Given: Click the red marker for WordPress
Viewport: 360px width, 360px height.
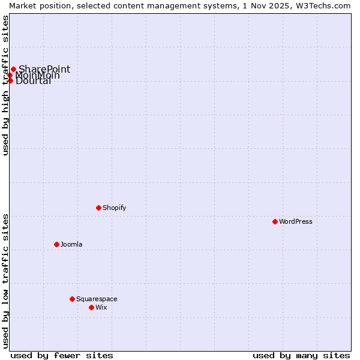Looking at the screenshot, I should pos(275,221).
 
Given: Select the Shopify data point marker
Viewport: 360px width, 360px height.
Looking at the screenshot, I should pos(98,208).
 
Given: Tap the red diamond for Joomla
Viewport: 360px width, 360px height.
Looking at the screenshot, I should pos(56,244).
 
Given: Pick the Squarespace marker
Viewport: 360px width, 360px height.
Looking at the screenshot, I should pos(72,299).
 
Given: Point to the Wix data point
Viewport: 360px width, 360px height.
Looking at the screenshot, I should pos(91,307).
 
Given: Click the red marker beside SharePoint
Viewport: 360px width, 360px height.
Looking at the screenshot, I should pos(13,69).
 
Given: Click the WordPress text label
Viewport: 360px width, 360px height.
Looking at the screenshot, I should pos(296,221).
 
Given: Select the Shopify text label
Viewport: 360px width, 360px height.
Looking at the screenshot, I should pos(114,208).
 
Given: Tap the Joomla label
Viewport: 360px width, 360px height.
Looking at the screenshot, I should pos(71,244).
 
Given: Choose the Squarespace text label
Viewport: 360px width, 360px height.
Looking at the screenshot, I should pos(97,299).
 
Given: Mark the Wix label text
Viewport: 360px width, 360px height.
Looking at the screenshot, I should pos(101,307).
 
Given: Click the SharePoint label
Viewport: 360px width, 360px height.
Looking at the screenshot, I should pos(44,69).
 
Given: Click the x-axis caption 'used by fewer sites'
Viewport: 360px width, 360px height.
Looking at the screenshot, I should pos(62,355).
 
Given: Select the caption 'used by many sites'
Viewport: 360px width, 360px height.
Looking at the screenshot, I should pos(301,355).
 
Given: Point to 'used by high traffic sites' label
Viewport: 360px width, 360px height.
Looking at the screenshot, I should pos(5,85).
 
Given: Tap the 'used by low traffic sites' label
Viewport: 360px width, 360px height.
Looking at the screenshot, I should pos(5,281).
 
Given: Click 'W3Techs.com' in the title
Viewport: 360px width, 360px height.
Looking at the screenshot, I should pos(325,5).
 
